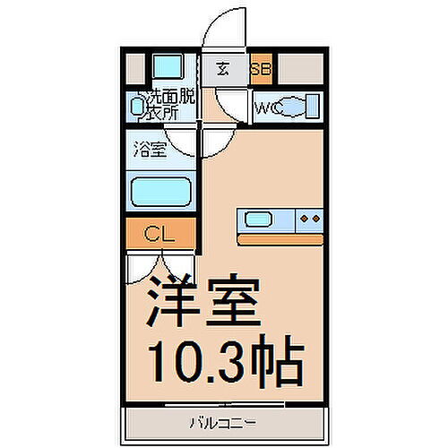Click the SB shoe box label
pos(262,68)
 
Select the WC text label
pos(269,108)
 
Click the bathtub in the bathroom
pos(161,191)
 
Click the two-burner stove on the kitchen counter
pos(309,219)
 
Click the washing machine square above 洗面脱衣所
pos(165,67)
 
